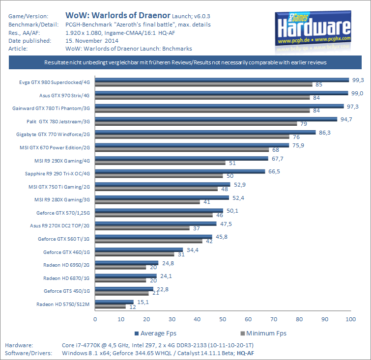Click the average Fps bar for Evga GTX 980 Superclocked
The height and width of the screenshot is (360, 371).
click(x=221, y=80)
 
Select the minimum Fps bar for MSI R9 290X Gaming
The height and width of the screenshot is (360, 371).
click(x=160, y=163)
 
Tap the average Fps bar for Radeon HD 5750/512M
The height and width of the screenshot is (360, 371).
click(x=114, y=302)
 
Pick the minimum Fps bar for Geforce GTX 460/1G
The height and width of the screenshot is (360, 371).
click(x=134, y=254)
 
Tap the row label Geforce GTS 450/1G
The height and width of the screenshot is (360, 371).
click(x=67, y=291)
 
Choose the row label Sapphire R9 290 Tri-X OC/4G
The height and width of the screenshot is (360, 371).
click(x=57, y=173)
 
